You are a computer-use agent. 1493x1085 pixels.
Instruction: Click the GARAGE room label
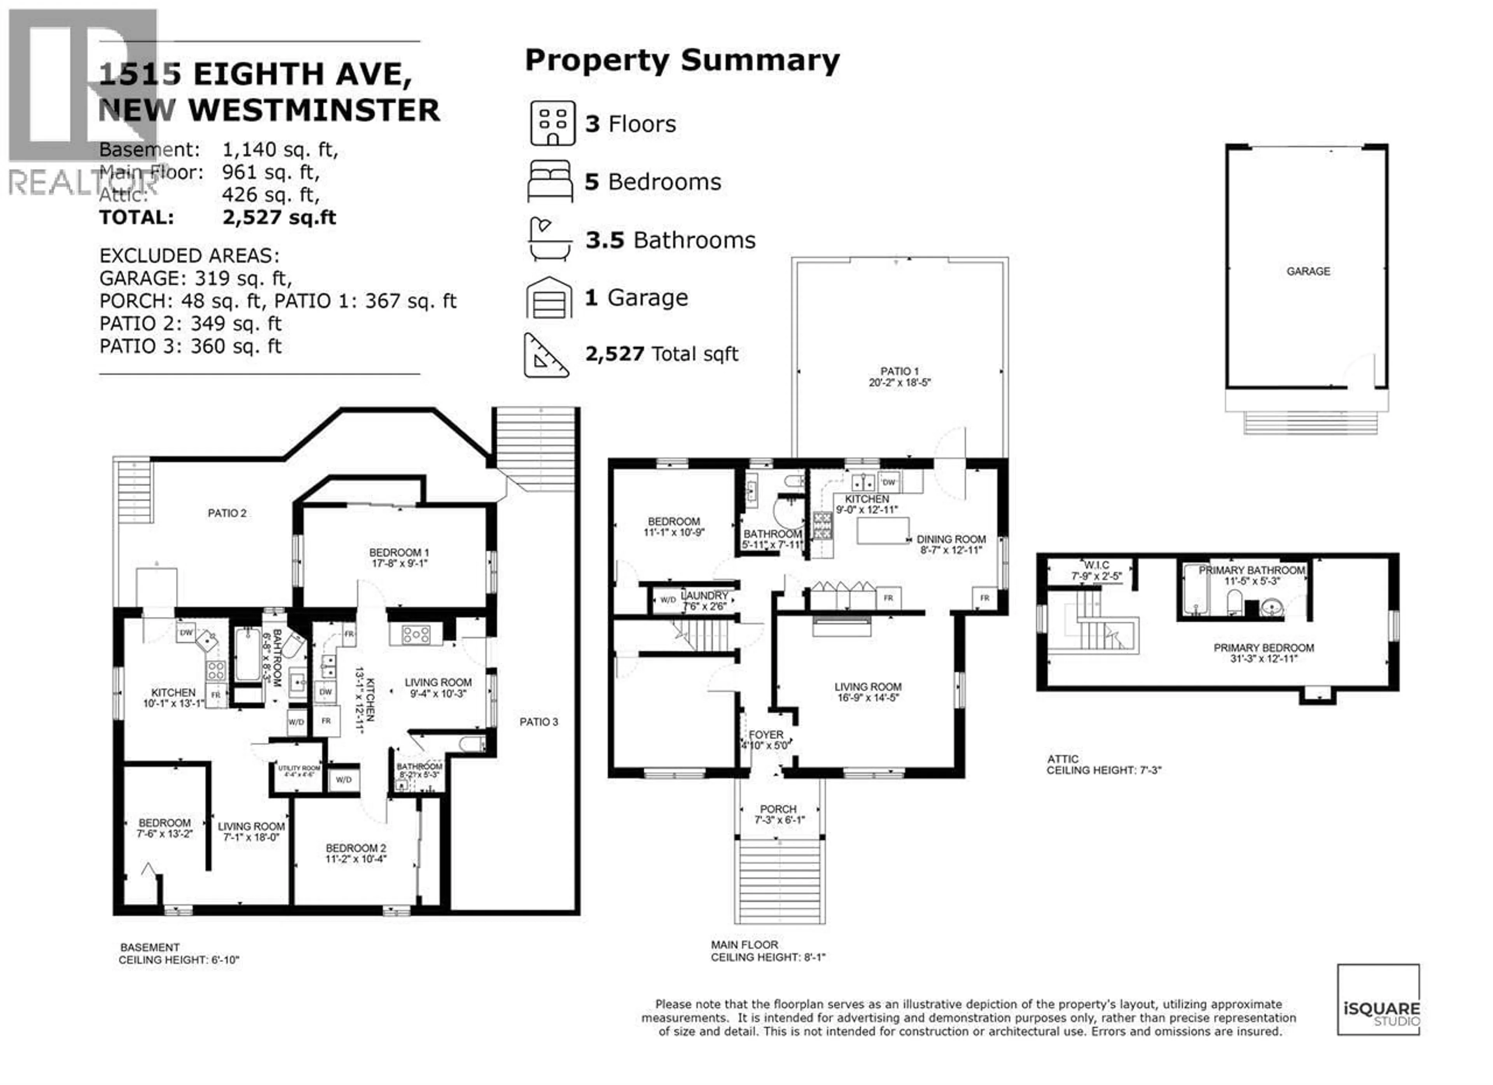coord(1308,271)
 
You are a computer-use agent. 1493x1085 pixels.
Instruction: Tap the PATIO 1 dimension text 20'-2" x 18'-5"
coord(899,383)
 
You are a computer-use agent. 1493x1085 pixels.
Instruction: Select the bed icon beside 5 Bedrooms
coord(550,181)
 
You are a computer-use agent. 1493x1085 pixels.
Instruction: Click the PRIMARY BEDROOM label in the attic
coord(1263,648)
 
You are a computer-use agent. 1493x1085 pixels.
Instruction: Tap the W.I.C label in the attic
coord(1097,565)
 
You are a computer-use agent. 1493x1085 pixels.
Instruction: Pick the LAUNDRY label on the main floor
coord(705,595)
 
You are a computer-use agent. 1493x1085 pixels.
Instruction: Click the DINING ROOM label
coord(951,539)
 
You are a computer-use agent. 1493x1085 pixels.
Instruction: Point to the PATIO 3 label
coord(538,721)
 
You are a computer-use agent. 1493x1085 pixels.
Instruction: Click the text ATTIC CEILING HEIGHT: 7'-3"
coord(1104,765)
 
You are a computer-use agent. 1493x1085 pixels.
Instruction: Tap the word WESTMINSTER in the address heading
coord(315,110)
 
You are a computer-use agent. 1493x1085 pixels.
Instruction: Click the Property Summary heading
coord(682,61)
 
